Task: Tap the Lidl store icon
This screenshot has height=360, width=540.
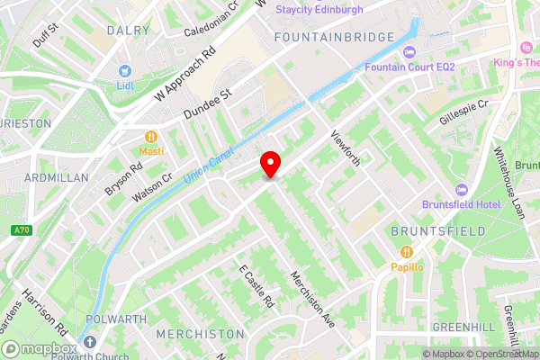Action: click(125, 71)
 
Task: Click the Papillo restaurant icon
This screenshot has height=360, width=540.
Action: click(407, 251)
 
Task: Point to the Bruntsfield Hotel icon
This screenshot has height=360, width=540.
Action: click(463, 190)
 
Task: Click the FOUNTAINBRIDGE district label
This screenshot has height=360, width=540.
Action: click(335, 37)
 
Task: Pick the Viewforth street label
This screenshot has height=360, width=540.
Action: click(346, 148)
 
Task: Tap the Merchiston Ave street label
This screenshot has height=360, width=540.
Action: click(311, 298)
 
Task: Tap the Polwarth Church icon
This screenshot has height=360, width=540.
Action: click(88, 342)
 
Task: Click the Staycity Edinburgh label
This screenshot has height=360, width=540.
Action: click(319, 10)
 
